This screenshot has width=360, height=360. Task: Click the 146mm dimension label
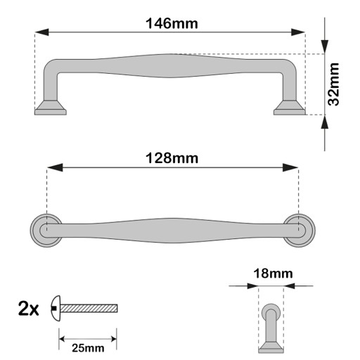pyautogui.click(x=172, y=23)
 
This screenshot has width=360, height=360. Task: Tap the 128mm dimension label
pyautogui.click(x=172, y=158)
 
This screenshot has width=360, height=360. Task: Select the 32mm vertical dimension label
pyautogui.click(x=333, y=84)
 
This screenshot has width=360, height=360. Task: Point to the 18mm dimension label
pyautogui.click(x=273, y=274)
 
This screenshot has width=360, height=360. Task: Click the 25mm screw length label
pyautogui.click(x=88, y=348)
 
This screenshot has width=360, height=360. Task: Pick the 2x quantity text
pyautogui.click(x=28, y=309)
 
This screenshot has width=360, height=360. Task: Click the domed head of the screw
pyautogui.click(x=56, y=309)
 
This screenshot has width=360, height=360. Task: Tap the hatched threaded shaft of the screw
pyautogui.click(x=89, y=309)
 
